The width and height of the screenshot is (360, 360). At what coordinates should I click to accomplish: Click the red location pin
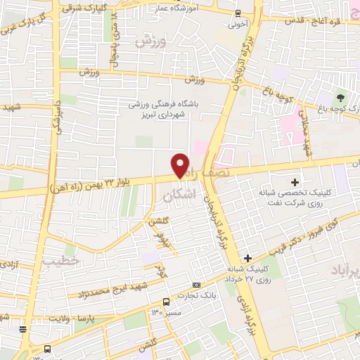point(180,165)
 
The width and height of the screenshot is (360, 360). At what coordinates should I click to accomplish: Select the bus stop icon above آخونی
point(238,13)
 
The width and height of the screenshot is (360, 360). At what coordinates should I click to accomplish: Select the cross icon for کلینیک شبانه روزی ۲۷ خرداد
point(247,258)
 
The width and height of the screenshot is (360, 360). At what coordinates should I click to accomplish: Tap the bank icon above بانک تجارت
point(195,285)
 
